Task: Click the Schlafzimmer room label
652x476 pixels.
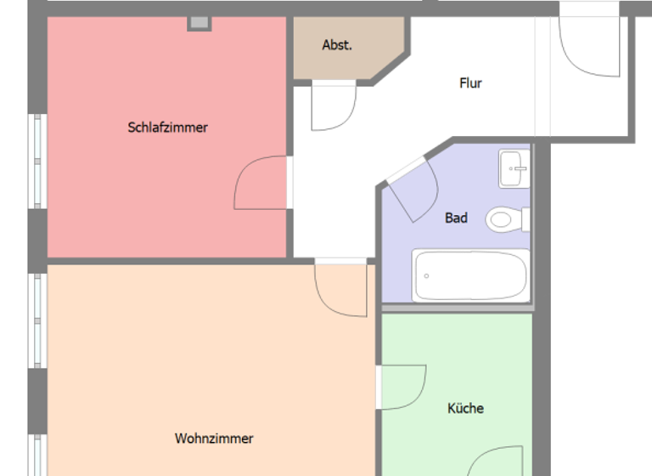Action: click(x=167, y=127)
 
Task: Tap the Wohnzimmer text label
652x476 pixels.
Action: click(x=214, y=439)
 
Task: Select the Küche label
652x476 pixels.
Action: click(x=465, y=408)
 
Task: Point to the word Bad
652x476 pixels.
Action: click(x=456, y=218)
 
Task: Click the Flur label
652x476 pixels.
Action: click(x=470, y=83)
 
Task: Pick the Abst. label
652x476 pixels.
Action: click(x=337, y=45)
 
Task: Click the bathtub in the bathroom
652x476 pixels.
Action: click(x=469, y=275)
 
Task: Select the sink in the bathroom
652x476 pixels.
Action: click(x=514, y=169)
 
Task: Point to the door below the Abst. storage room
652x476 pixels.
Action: click(x=332, y=105)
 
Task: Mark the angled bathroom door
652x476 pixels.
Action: click(x=412, y=189)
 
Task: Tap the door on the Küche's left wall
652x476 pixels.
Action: click(x=401, y=387)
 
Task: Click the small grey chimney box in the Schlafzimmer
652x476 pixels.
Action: click(x=199, y=23)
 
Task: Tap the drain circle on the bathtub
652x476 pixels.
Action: click(x=426, y=276)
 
